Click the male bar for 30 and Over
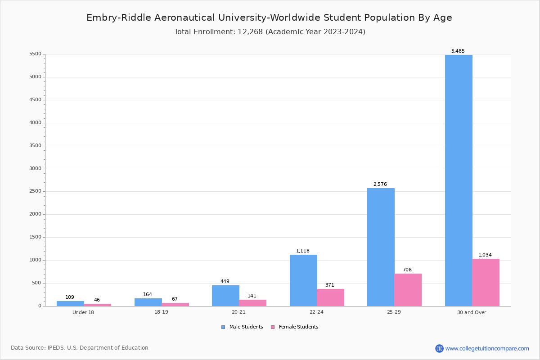pos(459,180)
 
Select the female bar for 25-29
pos(408,290)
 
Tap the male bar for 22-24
pos(303,280)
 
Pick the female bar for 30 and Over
pos(486,282)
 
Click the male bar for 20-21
pos(225,296)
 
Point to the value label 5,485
pos(458,51)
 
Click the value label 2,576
pos(380,184)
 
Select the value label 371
pos(329,285)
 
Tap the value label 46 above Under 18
pos(97,300)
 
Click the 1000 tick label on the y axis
pos(35,260)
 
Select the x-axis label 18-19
pos(161,312)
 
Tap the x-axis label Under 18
pos(83,312)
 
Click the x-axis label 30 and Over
pos(472,312)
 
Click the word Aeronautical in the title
pos(189,18)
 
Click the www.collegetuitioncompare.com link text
pos(487,348)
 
